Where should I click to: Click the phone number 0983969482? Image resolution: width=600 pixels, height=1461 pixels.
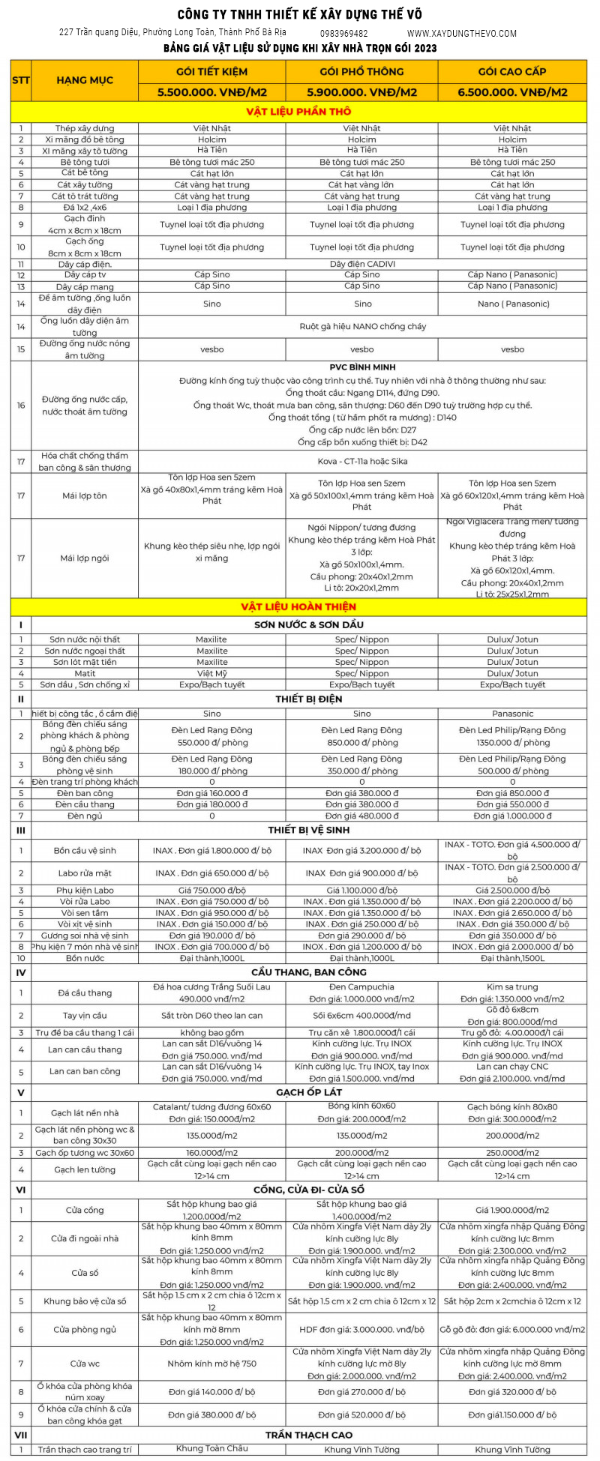tap(343, 34)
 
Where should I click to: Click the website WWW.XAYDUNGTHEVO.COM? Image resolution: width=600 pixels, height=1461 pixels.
tap(462, 34)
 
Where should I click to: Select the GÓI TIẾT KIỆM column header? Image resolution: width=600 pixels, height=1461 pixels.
tap(211, 72)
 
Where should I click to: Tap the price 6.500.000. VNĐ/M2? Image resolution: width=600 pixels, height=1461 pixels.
tap(512, 93)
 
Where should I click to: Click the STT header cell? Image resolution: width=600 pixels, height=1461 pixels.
tap(21, 80)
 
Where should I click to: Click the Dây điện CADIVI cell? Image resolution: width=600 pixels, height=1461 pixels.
tap(362, 264)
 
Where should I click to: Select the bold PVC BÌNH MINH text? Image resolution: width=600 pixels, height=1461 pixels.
tap(362, 368)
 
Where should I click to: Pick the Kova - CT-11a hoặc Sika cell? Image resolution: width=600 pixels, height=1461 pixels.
tap(362, 462)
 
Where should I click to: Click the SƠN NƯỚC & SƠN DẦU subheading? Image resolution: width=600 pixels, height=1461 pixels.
tap(309, 624)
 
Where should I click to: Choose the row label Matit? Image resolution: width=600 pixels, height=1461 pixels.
tap(85, 673)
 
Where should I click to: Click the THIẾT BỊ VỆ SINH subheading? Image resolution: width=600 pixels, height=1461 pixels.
tap(309, 830)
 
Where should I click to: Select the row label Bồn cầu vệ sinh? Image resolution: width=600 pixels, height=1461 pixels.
tap(85, 851)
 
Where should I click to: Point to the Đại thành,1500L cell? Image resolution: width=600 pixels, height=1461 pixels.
tap(512, 958)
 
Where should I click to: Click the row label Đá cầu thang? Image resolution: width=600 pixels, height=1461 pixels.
tap(85, 993)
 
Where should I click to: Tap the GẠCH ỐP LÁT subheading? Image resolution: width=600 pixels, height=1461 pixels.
tap(309, 1092)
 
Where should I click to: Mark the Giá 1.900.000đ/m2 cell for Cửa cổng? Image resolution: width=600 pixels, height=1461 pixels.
tap(512, 1210)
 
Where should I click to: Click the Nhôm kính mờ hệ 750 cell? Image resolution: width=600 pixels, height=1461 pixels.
tap(211, 1364)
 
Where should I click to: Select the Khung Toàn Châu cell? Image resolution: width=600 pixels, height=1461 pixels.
tap(211, 1449)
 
